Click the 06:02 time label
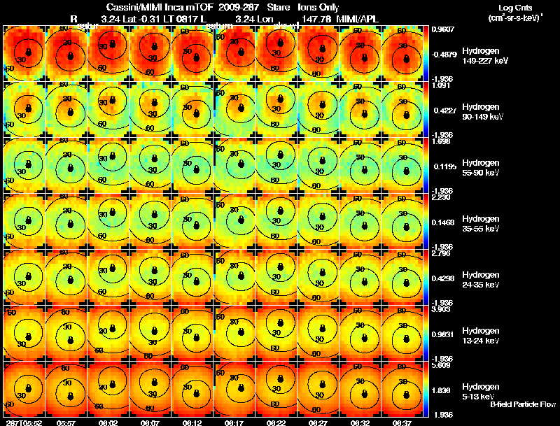(108, 423)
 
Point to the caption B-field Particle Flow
(522, 404)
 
